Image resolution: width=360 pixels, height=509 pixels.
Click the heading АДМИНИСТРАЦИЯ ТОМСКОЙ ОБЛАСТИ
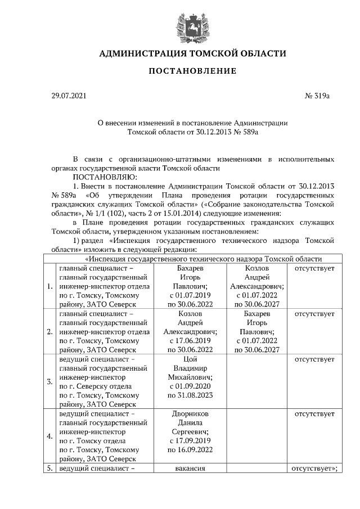click(192, 54)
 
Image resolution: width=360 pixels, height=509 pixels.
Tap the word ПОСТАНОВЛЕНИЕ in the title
click(192, 71)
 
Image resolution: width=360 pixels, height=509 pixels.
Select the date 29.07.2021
click(69, 96)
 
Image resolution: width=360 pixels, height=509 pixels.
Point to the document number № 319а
click(317, 96)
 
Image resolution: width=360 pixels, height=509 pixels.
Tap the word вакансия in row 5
click(190, 468)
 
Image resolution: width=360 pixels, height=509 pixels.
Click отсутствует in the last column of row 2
click(314, 314)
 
